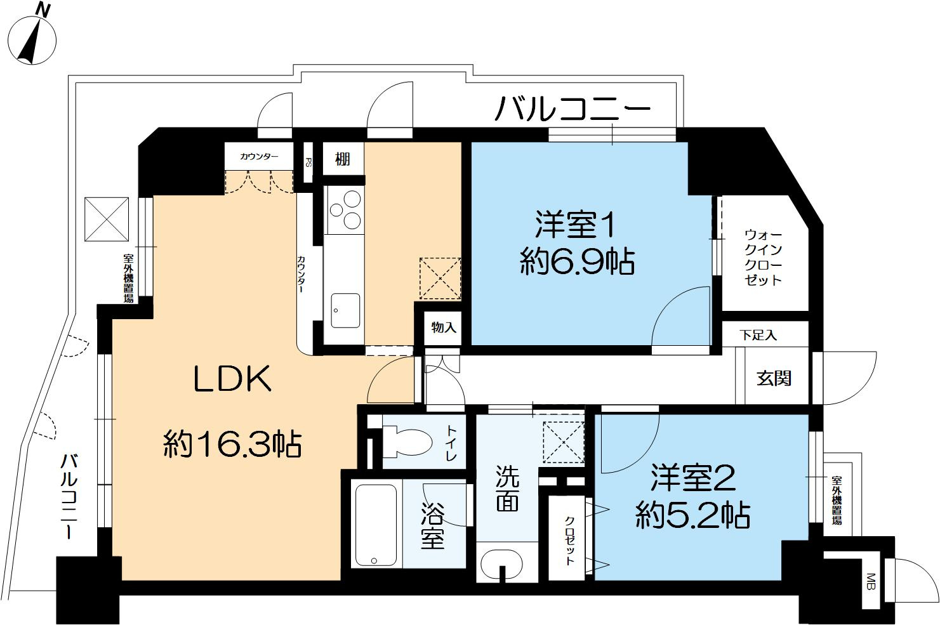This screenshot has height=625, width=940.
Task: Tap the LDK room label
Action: [x=232, y=380]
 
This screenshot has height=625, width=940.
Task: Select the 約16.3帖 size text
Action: [x=232, y=444]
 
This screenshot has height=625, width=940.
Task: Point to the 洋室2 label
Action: [x=693, y=479]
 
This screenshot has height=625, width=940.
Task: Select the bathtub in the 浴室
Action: [x=376, y=524]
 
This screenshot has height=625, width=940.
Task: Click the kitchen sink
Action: [x=345, y=310]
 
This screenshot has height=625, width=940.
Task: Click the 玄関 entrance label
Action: [x=774, y=378]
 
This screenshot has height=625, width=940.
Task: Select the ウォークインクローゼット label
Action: [x=764, y=257]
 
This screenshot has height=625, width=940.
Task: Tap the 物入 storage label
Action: [x=444, y=327]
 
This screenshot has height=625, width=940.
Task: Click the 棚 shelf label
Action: [x=342, y=159]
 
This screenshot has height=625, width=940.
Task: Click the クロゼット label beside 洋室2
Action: [x=570, y=539]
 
